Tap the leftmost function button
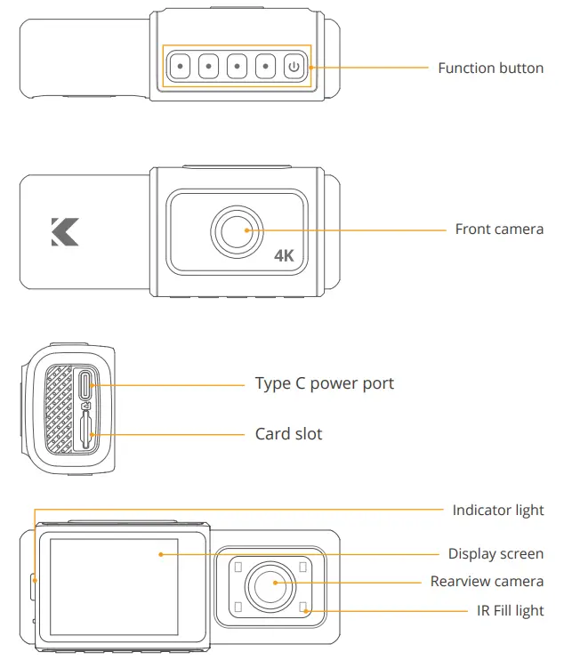[180, 66]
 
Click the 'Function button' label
[490, 68]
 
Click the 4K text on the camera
[284, 256]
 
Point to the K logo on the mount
[65, 230]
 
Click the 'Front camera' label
[499, 229]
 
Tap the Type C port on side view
[85, 384]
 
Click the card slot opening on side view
[85, 433]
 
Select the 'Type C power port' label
[324, 383]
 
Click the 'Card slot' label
[288, 434]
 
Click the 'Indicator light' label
[497, 511]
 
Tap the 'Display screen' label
[495, 553]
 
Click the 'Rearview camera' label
[487, 581]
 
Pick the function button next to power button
[265, 66]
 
